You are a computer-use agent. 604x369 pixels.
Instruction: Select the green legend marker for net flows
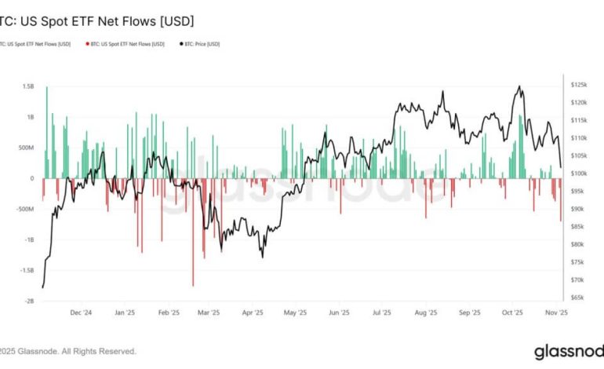click(x=2, y=44)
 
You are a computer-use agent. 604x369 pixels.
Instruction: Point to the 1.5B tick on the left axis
click(x=28, y=86)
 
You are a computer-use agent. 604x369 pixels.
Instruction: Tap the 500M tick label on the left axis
click(x=26, y=148)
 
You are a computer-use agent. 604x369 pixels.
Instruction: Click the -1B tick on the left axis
click(x=29, y=240)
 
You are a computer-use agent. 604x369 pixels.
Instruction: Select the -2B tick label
click(x=29, y=301)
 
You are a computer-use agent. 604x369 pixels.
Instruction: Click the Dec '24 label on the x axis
click(x=81, y=312)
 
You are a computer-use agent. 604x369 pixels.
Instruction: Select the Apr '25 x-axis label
click(x=252, y=312)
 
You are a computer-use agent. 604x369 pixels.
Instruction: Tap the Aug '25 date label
click(x=426, y=312)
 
